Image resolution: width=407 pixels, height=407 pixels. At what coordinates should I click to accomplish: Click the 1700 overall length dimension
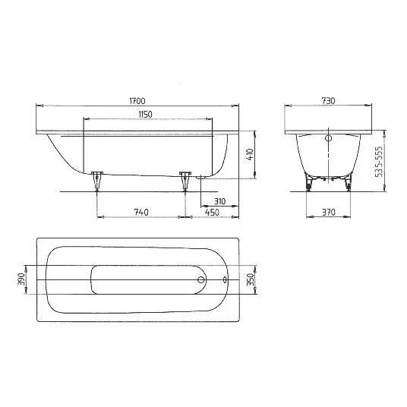tap(137, 99)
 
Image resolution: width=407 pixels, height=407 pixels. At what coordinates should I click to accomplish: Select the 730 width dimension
tap(328, 99)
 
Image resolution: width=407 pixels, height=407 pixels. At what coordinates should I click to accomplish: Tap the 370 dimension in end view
tap(328, 212)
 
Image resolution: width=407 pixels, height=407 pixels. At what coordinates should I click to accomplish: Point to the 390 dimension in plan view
tap(21, 280)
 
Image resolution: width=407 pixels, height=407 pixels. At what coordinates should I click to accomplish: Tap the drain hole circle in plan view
tap(200, 280)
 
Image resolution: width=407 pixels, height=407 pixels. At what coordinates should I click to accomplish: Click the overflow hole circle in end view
tap(328, 140)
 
